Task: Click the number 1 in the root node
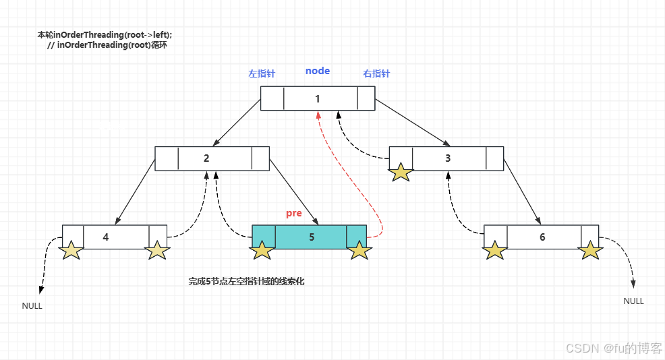[317, 99]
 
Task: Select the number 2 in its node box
[206, 158]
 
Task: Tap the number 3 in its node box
[448, 158]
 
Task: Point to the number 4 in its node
[106, 237]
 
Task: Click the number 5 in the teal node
[312, 237]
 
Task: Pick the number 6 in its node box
[542, 237]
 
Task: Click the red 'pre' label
[293, 214]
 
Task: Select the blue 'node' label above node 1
[318, 71]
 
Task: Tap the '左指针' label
[261, 73]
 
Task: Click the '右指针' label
[376, 73]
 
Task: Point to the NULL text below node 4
[32, 305]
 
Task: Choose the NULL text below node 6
[633, 301]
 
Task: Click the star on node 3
[401, 172]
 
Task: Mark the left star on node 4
[71, 251]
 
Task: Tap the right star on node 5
[359, 251]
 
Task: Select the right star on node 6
[590, 251]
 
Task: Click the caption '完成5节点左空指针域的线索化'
[246, 282]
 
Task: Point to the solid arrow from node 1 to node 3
[411, 122]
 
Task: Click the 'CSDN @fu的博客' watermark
[614, 349]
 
